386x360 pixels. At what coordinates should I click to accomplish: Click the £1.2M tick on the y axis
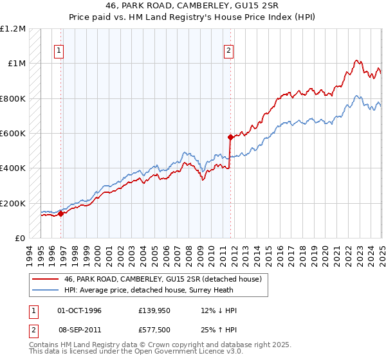(14, 28)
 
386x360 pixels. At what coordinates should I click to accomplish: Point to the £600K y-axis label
(14, 134)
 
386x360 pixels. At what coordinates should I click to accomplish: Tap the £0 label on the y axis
(20, 239)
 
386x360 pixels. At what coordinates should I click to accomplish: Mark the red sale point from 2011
(230, 137)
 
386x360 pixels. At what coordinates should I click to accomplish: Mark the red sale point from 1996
(61, 214)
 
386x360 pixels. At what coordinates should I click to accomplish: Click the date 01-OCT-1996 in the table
(79, 310)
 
